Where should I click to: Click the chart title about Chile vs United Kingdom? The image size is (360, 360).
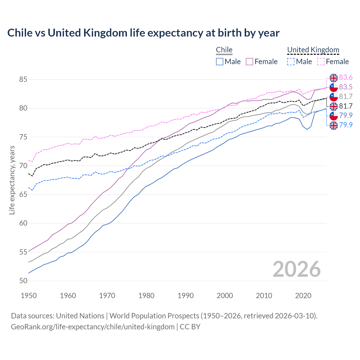pyautogui.click(x=143, y=33)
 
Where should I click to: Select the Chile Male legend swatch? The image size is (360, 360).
pyautogui.click(x=220, y=62)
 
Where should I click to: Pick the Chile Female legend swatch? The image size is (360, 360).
pyautogui.click(x=249, y=62)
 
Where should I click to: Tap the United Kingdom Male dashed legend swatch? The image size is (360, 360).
pyautogui.click(x=291, y=62)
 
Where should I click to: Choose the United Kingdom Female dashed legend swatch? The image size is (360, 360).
pyautogui.click(x=321, y=62)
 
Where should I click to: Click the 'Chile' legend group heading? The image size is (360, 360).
pyautogui.click(x=224, y=50)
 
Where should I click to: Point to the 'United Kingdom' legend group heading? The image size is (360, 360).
pyautogui.click(x=313, y=50)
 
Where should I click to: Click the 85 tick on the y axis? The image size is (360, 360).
pyautogui.click(x=23, y=80)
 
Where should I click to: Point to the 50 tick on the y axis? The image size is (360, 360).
pyautogui.click(x=23, y=281)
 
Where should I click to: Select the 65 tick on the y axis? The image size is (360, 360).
pyautogui.click(x=23, y=195)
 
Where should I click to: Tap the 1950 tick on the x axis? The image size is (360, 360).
pyautogui.click(x=29, y=296)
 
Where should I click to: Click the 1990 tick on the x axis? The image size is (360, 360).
pyautogui.click(x=186, y=296)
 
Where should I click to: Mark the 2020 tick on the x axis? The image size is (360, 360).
pyautogui.click(x=303, y=296)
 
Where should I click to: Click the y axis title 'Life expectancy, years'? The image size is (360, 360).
pyautogui.click(x=12, y=180)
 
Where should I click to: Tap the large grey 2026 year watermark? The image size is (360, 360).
pyautogui.click(x=297, y=269)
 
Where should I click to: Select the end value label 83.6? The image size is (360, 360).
pyautogui.click(x=346, y=77)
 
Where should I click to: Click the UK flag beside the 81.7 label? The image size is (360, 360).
pyautogui.click(x=334, y=106)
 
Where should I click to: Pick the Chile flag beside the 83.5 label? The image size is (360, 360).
pyautogui.click(x=334, y=87)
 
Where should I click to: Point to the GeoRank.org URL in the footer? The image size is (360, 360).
pyautogui.click(x=93, y=327)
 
